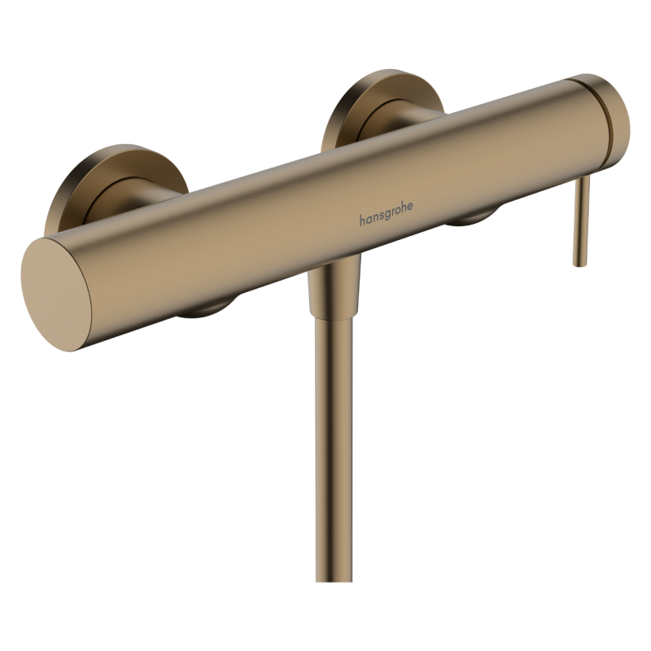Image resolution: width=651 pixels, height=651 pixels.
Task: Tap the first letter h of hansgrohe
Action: click(363, 220)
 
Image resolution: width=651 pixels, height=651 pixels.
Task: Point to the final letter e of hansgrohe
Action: click(409, 207)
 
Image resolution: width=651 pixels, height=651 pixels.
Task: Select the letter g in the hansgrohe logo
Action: click(390, 215)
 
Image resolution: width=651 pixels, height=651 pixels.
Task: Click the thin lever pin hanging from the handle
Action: click(582, 220)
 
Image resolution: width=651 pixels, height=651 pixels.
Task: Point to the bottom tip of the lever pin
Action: click(580, 262)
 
